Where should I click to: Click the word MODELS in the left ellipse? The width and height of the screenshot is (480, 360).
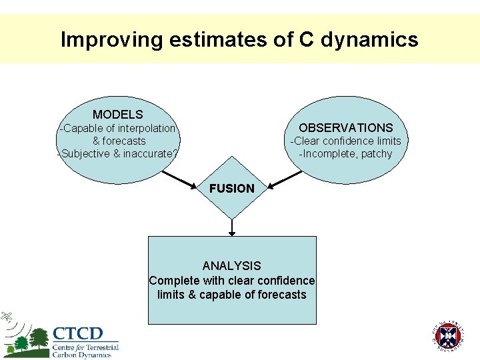point(117,115)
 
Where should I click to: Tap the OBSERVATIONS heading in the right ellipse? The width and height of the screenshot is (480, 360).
point(345,127)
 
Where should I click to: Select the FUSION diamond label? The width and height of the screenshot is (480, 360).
point(231,188)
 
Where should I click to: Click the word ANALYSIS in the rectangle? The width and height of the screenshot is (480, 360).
point(231,265)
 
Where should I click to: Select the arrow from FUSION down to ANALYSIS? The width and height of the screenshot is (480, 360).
point(232,227)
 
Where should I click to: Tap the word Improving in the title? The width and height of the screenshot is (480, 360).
point(111,40)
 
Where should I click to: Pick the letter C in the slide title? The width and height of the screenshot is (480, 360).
point(306,40)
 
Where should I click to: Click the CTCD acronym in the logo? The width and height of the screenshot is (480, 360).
point(78,333)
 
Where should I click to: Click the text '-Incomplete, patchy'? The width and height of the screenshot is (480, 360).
point(345,154)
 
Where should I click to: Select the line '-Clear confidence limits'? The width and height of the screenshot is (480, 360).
point(345,141)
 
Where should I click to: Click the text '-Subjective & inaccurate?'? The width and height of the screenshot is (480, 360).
point(118,154)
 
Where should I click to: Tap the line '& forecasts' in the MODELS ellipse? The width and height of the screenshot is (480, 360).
point(119,141)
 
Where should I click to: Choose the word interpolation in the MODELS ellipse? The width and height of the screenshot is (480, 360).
point(146,128)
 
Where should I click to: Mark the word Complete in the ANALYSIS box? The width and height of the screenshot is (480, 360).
point(173,281)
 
